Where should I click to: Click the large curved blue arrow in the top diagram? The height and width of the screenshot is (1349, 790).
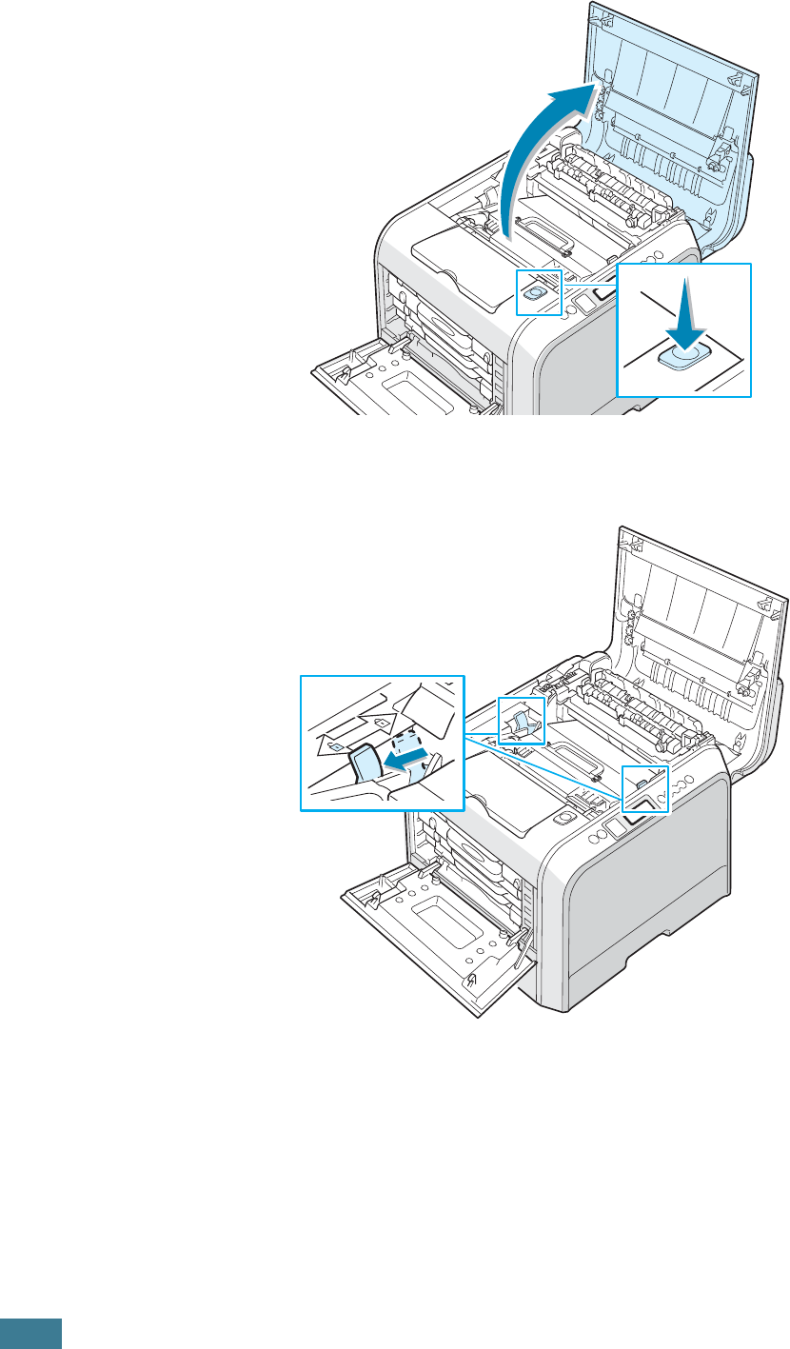point(533,162)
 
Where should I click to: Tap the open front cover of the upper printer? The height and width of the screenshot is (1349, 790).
point(400,381)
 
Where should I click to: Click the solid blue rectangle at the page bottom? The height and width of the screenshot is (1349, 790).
point(30,1333)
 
